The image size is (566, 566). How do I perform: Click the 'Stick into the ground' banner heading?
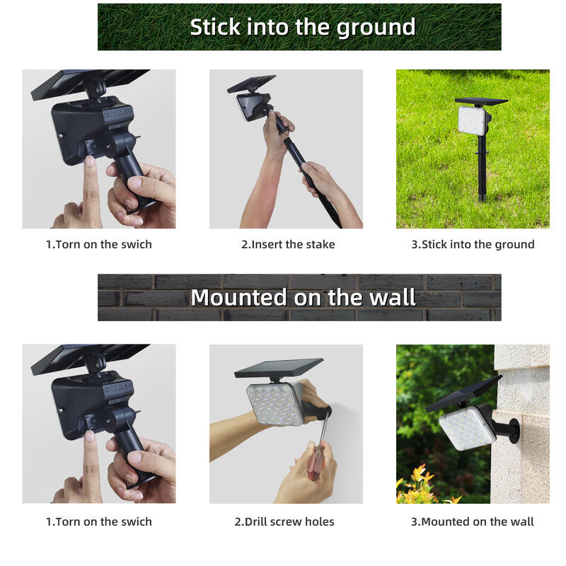(x=302, y=27)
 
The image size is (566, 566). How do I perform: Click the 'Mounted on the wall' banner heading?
(x=303, y=297)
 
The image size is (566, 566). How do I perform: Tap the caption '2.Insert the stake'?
(x=288, y=245)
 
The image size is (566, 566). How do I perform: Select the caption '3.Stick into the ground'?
(x=473, y=245)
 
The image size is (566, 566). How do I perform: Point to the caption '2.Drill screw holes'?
(x=284, y=522)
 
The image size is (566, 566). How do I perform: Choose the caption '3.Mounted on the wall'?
(x=473, y=522)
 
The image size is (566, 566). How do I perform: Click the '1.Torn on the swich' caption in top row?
(x=99, y=245)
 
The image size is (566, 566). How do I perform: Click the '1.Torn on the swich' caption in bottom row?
(x=99, y=522)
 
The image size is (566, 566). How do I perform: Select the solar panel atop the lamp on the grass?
(x=481, y=101)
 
